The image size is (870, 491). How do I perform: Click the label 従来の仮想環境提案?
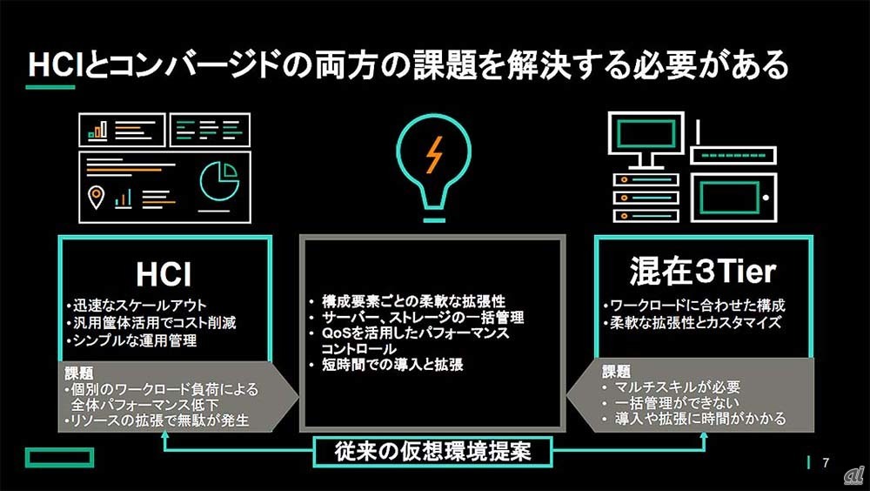(x=432, y=452)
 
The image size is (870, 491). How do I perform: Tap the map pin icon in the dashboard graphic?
(x=96, y=198)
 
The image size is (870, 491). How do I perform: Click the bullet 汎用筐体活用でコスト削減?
(x=150, y=323)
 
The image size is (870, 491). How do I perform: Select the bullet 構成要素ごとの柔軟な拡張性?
(x=399, y=301)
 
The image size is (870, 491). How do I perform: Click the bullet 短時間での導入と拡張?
(x=385, y=365)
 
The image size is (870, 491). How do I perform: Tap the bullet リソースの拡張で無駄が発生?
(x=157, y=420)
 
